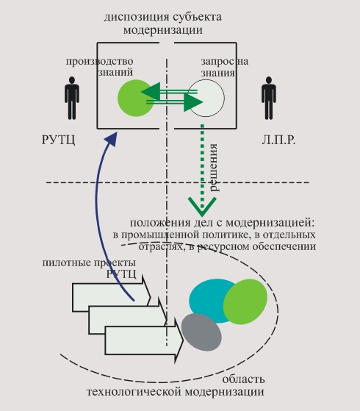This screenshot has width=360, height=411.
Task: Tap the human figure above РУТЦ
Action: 72,98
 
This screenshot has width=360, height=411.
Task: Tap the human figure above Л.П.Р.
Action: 269,98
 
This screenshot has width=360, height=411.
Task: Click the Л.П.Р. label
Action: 278,140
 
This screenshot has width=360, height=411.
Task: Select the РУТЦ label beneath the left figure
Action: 59,140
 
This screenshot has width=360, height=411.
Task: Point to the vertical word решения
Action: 213,168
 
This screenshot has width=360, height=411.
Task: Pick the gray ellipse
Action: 201,332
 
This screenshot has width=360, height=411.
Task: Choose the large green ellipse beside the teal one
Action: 245,301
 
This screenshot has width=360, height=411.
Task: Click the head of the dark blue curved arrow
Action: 112,138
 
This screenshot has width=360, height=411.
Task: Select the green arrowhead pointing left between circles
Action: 151,91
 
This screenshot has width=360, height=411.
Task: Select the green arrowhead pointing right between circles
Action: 193,102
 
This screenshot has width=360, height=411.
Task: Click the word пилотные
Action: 67,262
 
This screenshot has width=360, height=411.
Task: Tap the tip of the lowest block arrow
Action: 183,340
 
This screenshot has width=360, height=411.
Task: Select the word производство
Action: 100,62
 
